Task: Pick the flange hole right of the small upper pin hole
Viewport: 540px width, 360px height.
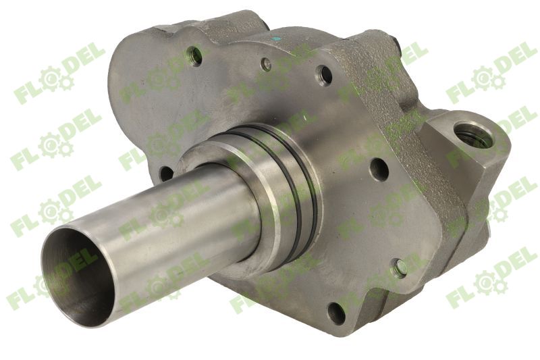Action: (325, 74)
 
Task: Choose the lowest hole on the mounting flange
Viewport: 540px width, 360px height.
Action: (335, 311)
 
